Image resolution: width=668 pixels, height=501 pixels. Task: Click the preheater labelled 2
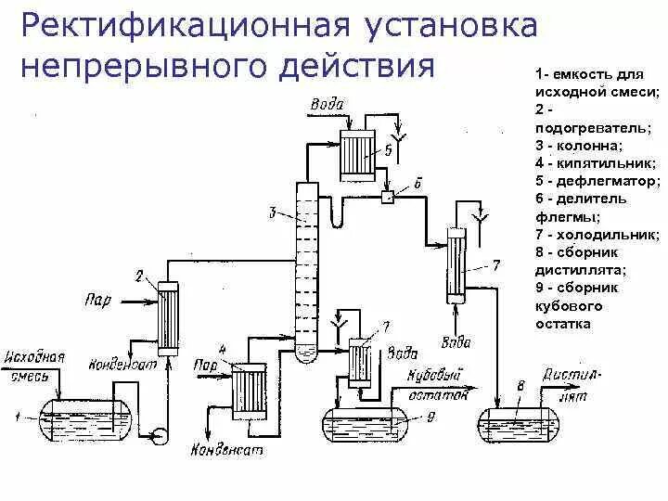pos(168,317)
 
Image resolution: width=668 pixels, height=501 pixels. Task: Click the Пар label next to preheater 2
pos(97,299)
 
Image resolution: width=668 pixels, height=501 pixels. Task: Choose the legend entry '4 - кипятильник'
pos(590,162)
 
